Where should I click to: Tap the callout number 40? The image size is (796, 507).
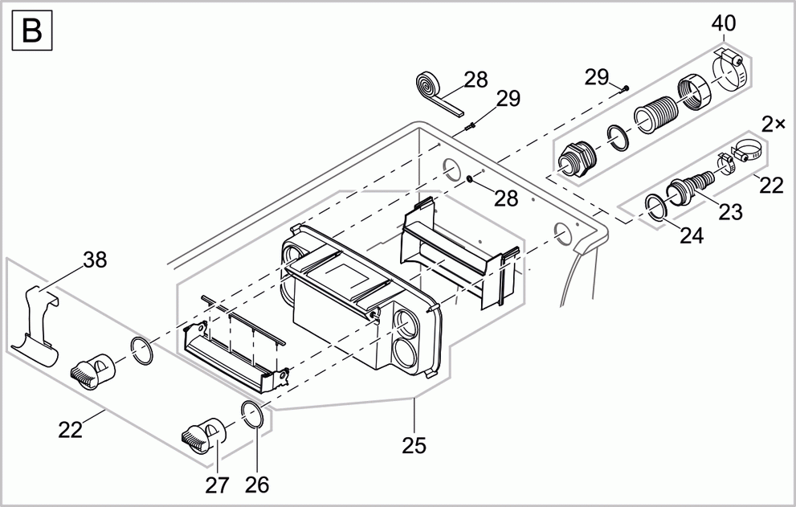tap(723, 24)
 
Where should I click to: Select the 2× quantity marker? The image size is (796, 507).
tap(774, 125)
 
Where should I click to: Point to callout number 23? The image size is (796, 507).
tap(730, 212)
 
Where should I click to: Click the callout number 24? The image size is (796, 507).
tap(691, 235)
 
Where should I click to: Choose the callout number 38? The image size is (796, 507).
tap(95, 260)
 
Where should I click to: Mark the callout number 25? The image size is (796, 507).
tap(414, 444)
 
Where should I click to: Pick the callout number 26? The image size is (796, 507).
tap(257, 485)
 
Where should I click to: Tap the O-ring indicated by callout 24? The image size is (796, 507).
tap(657, 207)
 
